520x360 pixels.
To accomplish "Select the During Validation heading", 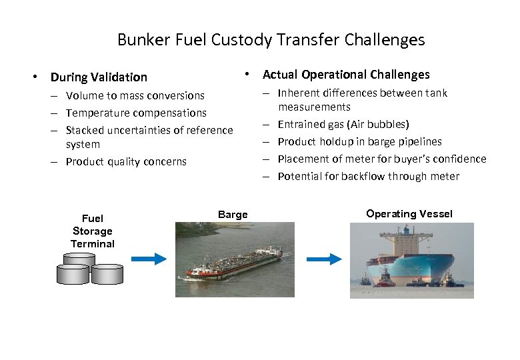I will click(x=99, y=77).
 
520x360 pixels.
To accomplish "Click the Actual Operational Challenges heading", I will click(x=346, y=75).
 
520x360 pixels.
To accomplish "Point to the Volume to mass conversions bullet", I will click(x=135, y=96).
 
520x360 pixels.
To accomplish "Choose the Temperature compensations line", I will click(x=136, y=113).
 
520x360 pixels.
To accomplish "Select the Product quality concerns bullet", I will click(x=126, y=162).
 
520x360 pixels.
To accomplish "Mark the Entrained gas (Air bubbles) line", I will click(x=343, y=125).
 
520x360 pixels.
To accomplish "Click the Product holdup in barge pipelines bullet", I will click(x=359, y=142).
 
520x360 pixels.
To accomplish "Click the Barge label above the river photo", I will click(x=233, y=215).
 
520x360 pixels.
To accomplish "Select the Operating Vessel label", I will click(x=409, y=214).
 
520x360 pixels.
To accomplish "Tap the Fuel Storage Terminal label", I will click(x=93, y=231).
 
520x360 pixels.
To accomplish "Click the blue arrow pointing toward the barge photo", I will click(x=148, y=259).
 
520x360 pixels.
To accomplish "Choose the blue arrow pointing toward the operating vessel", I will click(x=323, y=259).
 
